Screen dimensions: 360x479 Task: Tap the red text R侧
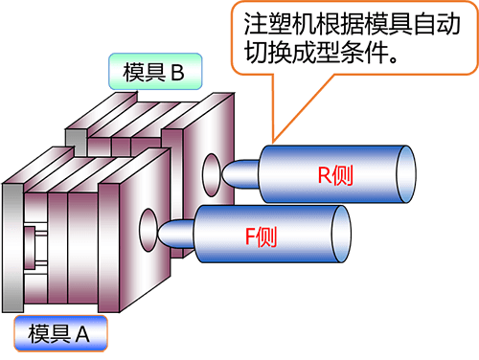point(336,174)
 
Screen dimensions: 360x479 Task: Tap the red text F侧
point(261,234)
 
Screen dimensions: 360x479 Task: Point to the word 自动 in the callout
point(420,24)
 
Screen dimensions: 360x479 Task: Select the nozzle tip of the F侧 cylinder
point(171,232)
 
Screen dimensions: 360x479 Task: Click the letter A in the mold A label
point(81,334)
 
